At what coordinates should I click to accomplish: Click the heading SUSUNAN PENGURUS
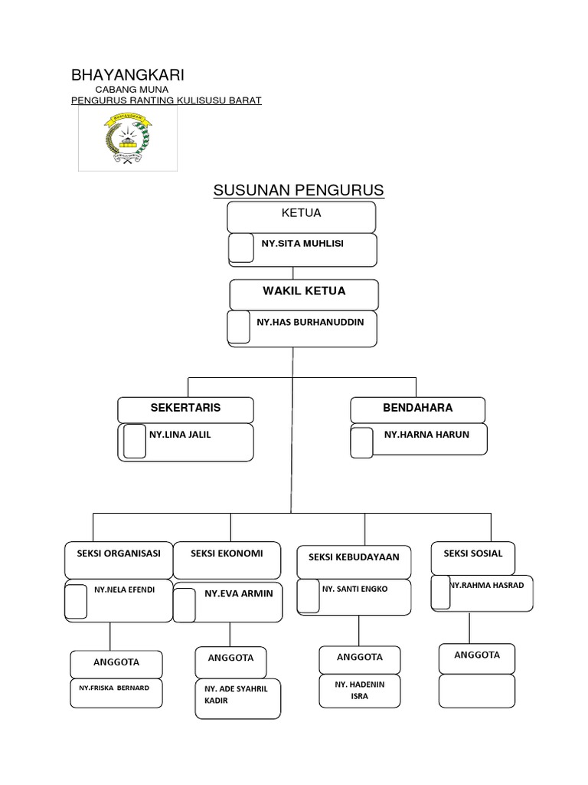298,190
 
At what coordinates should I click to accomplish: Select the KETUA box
301,215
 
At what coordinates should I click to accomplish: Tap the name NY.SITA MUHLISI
302,244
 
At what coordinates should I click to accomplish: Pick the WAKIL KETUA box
304,293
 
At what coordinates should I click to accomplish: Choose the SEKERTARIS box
185,409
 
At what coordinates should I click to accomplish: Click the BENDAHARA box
417,409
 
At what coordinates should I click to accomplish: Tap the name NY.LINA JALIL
180,435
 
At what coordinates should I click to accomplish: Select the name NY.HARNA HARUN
426,435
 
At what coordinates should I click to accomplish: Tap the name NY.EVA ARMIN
238,593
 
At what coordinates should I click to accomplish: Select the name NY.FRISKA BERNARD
114,688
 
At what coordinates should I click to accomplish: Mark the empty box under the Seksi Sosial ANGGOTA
476,690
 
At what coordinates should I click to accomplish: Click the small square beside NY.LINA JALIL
135,442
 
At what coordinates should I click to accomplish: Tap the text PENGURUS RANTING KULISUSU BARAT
166,100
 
